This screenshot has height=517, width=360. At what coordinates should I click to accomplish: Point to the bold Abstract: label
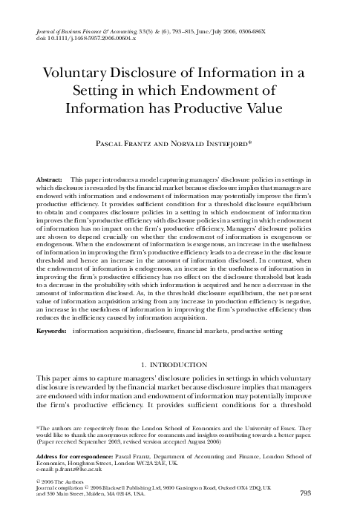click(x=49, y=180)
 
